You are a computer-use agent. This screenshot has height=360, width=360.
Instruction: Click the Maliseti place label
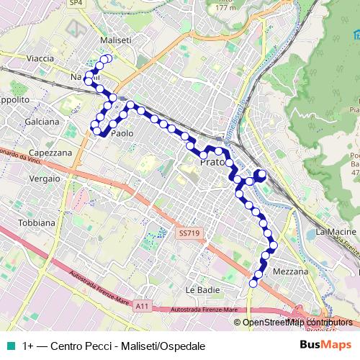click(116, 40)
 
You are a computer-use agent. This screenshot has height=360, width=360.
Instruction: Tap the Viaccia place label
click(40, 58)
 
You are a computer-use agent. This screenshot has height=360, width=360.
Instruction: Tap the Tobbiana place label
click(37, 222)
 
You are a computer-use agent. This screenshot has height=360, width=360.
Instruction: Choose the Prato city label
click(213, 163)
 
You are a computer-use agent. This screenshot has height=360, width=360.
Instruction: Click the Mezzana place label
click(291, 271)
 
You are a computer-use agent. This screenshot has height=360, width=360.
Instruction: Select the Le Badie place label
click(201, 289)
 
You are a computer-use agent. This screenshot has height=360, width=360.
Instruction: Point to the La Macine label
click(336, 232)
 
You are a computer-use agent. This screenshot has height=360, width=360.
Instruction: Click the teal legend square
click(11, 345)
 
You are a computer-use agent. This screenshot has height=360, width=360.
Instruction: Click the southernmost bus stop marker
click(252, 285)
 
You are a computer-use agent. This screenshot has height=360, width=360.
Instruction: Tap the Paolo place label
click(123, 133)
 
